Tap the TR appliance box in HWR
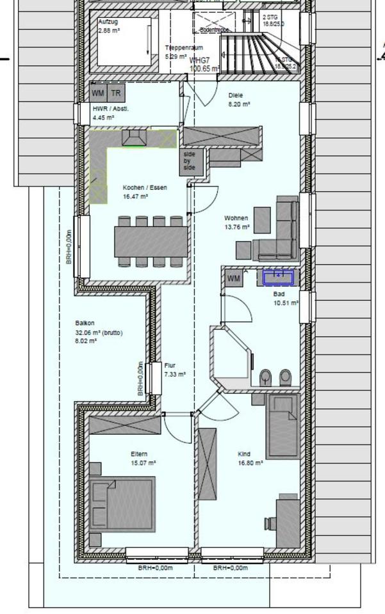116,93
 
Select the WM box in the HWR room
97,93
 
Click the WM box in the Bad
234,279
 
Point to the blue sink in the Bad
279,277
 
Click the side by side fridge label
190,161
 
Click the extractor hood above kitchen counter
135,139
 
